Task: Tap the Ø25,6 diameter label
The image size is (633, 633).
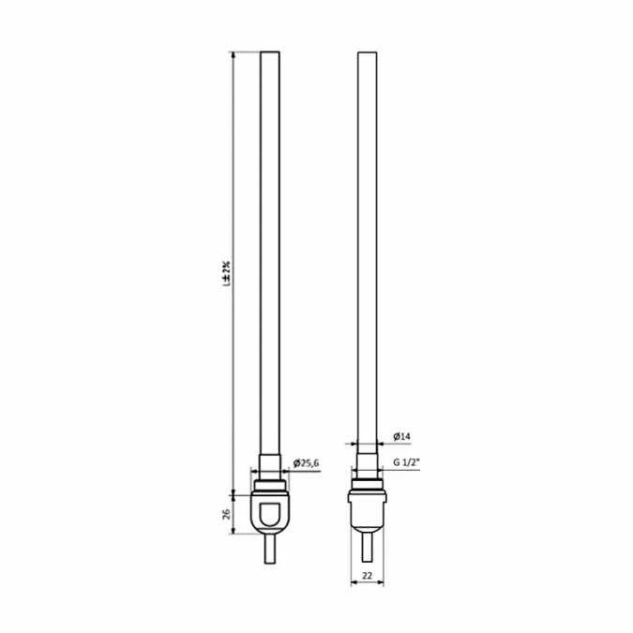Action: pyautogui.click(x=307, y=463)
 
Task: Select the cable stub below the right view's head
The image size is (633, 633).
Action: pyautogui.click(x=368, y=546)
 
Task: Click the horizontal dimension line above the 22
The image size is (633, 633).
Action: pyautogui.click(x=368, y=583)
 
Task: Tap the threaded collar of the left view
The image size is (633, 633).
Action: pyautogui.click(x=270, y=487)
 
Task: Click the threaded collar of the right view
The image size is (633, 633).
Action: pyautogui.click(x=368, y=487)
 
